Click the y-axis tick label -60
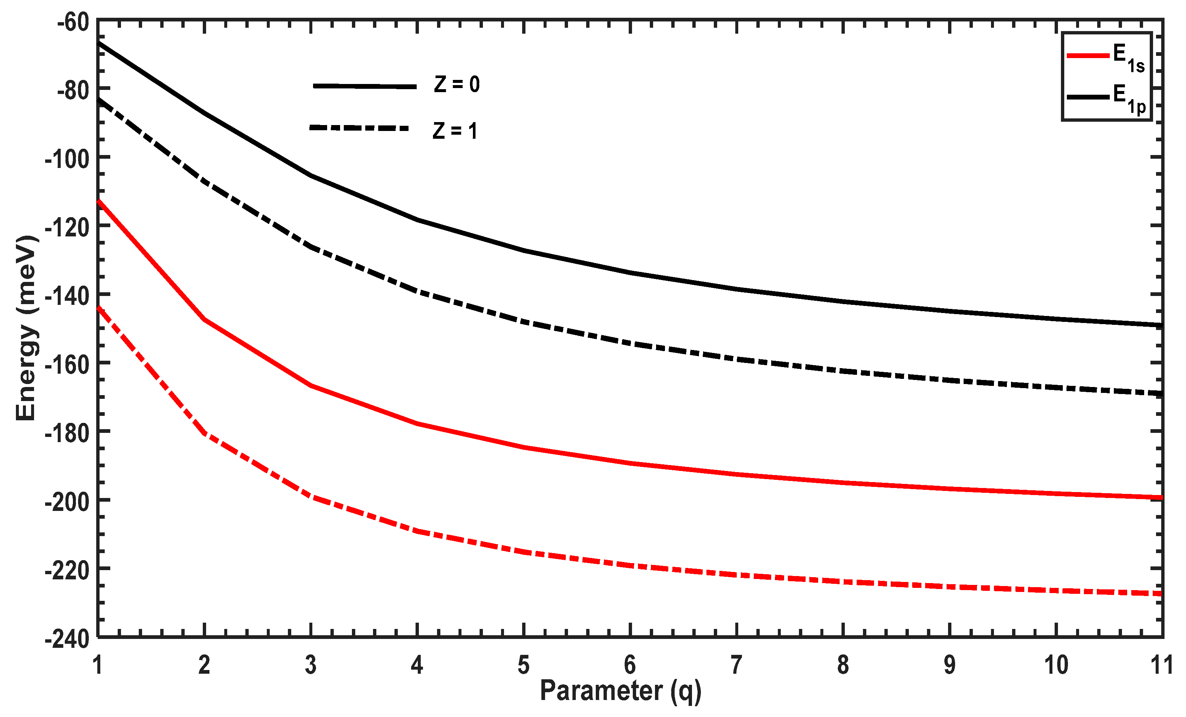click(73, 23)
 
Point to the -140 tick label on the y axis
click(67, 296)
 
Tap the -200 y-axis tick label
click(67, 502)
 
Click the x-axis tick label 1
click(98, 666)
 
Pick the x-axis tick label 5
click(524, 666)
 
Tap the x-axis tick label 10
click(1056, 666)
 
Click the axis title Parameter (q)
click(621, 691)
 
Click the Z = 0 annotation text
click(457, 85)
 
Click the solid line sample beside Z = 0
click(364, 86)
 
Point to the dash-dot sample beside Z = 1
click(359, 128)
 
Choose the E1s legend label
click(1129, 58)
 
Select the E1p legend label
click(1129, 99)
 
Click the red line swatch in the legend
click(1088, 56)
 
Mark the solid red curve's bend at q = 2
click(205, 319)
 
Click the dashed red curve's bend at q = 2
click(205, 433)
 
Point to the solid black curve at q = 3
click(311, 175)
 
